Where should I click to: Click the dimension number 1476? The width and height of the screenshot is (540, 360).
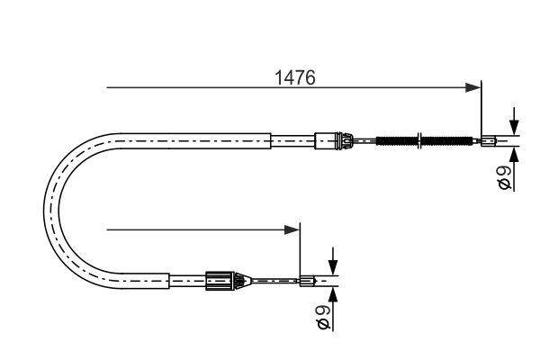(x=295, y=78)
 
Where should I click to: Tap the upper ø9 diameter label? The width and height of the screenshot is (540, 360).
(x=505, y=176)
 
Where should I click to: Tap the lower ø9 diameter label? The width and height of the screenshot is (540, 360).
(x=324, y=316)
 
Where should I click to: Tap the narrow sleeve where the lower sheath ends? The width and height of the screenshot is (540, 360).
(x=187, y=281)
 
